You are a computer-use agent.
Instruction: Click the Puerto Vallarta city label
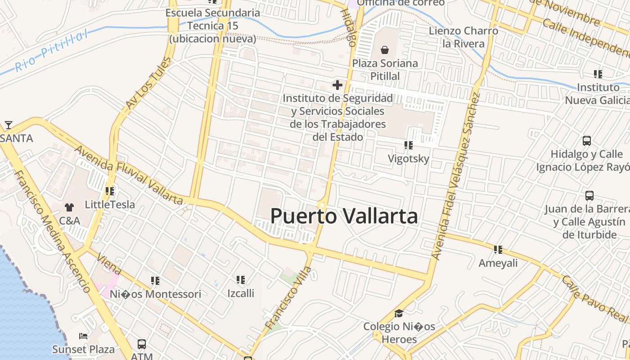click(344, 216)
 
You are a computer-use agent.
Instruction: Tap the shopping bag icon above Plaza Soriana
click(385, 49)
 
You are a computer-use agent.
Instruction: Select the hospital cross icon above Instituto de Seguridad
click(337, 85)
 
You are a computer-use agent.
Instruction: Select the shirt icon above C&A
click(69, 207)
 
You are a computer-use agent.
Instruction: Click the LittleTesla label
click(110, 205)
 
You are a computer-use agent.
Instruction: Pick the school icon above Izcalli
click(241, 280)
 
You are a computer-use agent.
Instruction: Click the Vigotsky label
click(409, 158)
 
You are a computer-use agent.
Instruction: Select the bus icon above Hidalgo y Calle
click(587, 140)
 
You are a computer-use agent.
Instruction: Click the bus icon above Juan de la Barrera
click(589, 195)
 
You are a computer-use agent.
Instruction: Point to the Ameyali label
click(498, 263)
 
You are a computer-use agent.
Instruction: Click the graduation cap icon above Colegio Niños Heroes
click(399, 313)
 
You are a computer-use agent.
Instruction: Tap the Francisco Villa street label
click(288, 297)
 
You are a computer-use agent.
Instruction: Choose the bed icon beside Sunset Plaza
click(83, 336)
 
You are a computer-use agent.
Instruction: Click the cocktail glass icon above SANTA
click(8, 125)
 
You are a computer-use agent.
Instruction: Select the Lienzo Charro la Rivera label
click(463, 37)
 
